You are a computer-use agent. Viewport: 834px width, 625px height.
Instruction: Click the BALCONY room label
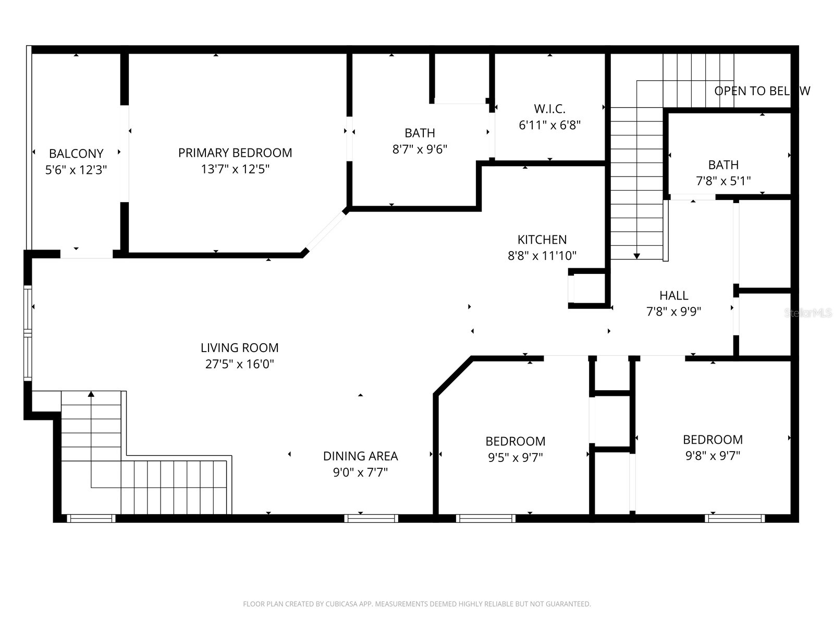click(76, 154)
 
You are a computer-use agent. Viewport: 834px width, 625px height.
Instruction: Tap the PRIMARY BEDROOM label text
click(235, 153)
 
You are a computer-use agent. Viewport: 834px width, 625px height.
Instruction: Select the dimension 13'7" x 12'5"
click(235, 169)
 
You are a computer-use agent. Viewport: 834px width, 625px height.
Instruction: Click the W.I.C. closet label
click(549, 109)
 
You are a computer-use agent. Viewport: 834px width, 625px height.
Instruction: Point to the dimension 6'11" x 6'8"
click(549, 126)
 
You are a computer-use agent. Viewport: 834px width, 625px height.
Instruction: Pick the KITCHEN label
click(542, 240)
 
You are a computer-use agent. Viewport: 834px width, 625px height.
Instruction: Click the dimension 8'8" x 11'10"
click(542, 256)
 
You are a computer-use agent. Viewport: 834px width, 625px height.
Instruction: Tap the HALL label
click(673, 295)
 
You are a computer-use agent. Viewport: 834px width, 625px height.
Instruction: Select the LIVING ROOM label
click(239, 347)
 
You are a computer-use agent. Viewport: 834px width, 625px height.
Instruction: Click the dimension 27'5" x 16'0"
click(239, 364)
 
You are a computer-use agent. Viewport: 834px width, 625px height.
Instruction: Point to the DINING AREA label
click(360, 456)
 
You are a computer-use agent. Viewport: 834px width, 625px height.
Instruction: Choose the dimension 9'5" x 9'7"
click(515, 458)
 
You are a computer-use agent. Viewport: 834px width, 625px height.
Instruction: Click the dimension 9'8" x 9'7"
click(713, 456)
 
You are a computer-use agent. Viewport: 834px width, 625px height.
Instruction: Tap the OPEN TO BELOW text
click(762, 91)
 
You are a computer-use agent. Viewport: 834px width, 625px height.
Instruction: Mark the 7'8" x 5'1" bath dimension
click(723, 181)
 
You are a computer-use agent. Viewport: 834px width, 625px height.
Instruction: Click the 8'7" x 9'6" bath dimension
click(420, 149)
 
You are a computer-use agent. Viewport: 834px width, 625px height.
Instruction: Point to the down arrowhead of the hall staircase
click(636, 256)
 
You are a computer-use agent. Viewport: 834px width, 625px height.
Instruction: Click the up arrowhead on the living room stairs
click(91, 394)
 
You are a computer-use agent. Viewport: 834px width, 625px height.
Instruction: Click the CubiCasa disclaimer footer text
click(416, 604)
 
